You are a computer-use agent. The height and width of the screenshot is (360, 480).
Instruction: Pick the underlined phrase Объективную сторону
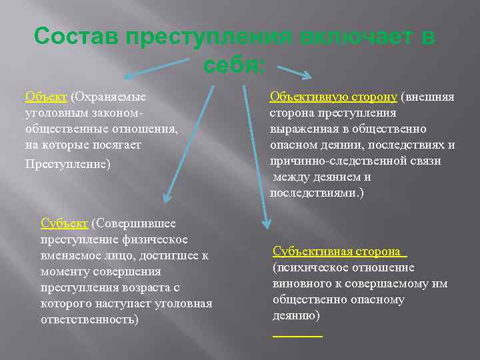(x=333, y=97)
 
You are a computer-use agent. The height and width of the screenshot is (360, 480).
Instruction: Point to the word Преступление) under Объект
(x=67, y=163)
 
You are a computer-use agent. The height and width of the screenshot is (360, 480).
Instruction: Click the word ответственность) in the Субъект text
(x=90, y=319)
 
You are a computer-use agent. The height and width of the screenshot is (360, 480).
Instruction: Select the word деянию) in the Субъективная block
(x=296, y=315)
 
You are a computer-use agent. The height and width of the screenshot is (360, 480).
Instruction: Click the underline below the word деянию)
(x=297, y=335)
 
